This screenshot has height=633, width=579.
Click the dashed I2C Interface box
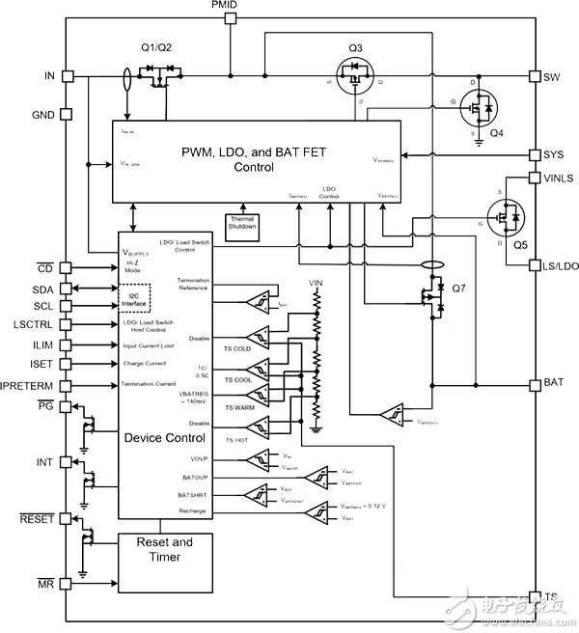coord(135,297)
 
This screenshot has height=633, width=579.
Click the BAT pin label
coord(553,382)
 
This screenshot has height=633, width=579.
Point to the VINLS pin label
coord(559,178)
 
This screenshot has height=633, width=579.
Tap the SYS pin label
coord(553,154)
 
